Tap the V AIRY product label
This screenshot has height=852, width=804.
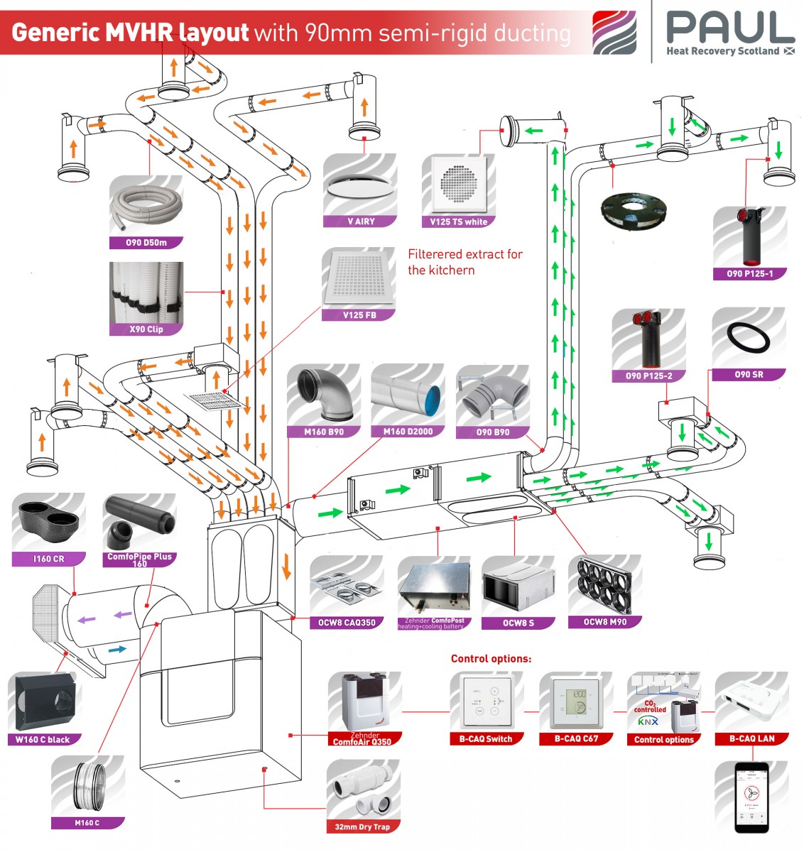click(360, 222)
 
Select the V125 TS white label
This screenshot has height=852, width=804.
click(458, 222)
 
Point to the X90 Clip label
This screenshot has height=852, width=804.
click(146, 329)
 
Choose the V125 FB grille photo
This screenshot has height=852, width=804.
click(359, 278)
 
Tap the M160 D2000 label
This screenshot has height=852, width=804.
click(408, 431)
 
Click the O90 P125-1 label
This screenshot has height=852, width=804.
click(749, 273)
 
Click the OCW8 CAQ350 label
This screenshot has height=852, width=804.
click(347, 623)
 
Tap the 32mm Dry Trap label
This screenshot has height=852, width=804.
click(362, 826)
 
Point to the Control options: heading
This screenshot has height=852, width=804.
click(491, 658)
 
